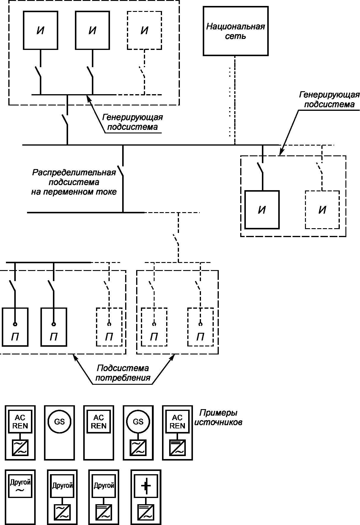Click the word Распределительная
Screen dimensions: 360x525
[x=74, y=173]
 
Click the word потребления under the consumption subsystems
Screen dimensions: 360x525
[x=122, y=378]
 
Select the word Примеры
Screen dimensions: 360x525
[x=218, y=413]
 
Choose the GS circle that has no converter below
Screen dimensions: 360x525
[x=59, y=422]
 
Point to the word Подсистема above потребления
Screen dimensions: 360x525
[x=122, y=368]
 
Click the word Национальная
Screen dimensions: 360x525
[x=235, y=27]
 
